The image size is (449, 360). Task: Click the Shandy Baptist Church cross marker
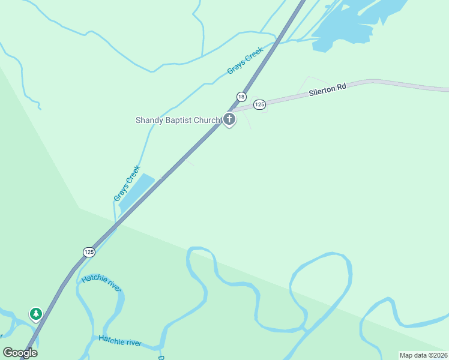point(229,119)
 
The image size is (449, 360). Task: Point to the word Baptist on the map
point(180,120)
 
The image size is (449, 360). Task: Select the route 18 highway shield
point(241,97)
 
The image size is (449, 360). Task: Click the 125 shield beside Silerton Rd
point(259,104)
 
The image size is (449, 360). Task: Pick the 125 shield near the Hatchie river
point(89,251)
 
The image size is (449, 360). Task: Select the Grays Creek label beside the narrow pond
point(127,183)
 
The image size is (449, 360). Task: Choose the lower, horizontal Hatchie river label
point(120,341)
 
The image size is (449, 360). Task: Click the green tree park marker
point(36,313)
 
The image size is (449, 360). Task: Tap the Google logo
point(20,353)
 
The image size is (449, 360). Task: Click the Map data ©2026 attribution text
point(423,355)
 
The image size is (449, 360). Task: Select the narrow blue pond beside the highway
point(136,192)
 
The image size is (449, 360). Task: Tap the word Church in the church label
point(207,120)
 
